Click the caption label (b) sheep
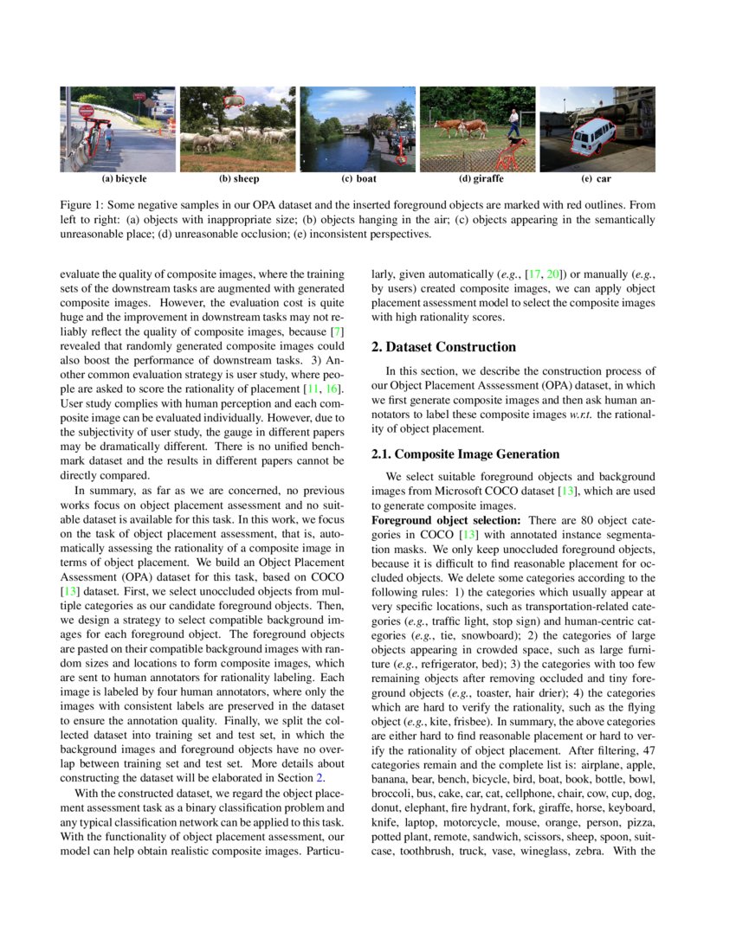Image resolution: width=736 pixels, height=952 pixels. click(x=239, y=179)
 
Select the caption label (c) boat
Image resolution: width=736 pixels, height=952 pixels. click(x=358, y=179)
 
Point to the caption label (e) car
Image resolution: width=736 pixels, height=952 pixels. click(x=597, y=179)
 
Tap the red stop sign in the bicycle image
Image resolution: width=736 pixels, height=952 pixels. click(x=87, y=112)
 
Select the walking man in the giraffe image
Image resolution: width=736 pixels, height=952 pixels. click(x=514, y=122)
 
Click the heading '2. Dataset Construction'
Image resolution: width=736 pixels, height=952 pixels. click(x=443, y=347)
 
